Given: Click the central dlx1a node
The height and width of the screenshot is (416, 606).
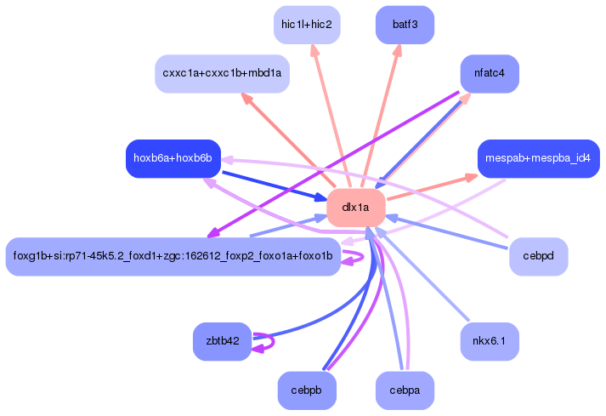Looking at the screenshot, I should [356, 208].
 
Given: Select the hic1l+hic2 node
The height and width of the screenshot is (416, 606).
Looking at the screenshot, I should [306, 25].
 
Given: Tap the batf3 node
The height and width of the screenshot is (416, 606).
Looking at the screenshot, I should [405, 25].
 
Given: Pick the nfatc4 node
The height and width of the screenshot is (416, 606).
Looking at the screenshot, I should [490, 74].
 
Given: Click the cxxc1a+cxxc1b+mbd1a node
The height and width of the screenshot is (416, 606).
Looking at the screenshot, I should [222, 74].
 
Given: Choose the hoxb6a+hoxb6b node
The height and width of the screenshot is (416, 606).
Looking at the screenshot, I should [173, 158].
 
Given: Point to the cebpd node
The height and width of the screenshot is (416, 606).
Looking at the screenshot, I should [538, 256].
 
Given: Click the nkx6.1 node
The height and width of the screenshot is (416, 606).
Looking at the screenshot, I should [490, 342].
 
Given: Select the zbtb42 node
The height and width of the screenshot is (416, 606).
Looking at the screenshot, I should [222, 342].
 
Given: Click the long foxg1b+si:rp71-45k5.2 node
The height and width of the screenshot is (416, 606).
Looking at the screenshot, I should [173, 256].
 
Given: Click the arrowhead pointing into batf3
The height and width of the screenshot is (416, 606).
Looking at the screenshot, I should [396, 52].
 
